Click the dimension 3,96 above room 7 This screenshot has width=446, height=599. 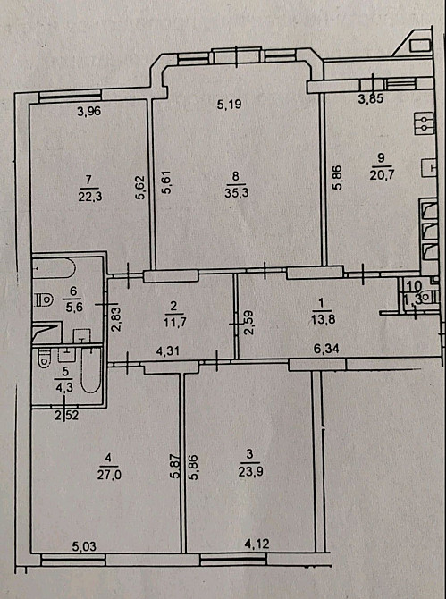(x=89, y=112)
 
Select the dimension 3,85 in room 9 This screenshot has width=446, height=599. (x=370, y=98)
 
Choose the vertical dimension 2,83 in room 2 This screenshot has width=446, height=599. (x=115, y=318)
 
